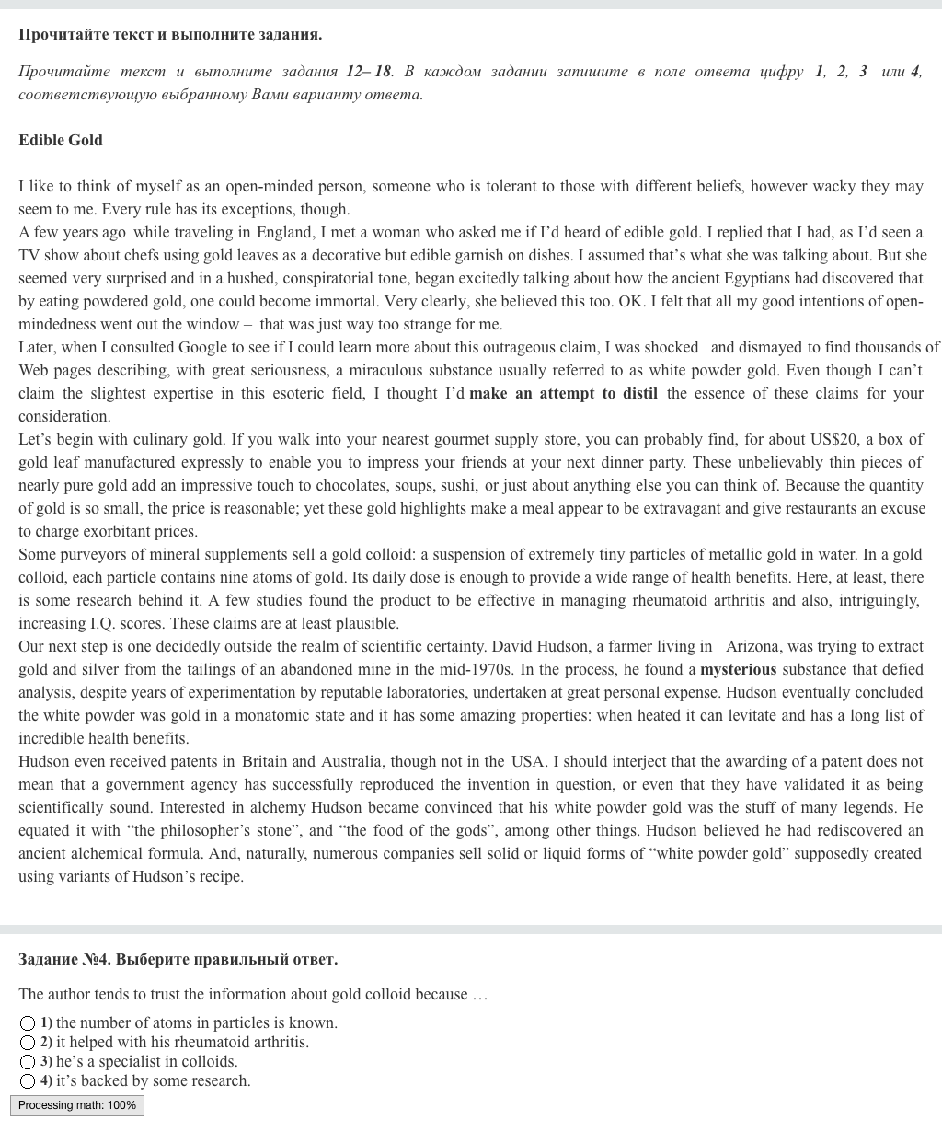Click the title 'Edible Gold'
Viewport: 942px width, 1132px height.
[61, 140]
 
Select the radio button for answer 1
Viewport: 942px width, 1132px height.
[28, 1023]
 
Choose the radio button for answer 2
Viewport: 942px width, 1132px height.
[28, 1043]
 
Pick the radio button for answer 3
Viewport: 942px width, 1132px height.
[28, 1062]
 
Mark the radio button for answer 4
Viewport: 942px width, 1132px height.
[28, 1081]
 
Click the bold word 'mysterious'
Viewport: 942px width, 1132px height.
[738, 669]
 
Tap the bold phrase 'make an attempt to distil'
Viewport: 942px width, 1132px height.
[563, 393]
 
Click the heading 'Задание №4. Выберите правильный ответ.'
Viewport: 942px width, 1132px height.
[178, 959]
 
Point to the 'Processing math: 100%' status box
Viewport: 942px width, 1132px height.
[77, 1105]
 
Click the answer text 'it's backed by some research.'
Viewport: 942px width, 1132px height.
[153, 1081]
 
